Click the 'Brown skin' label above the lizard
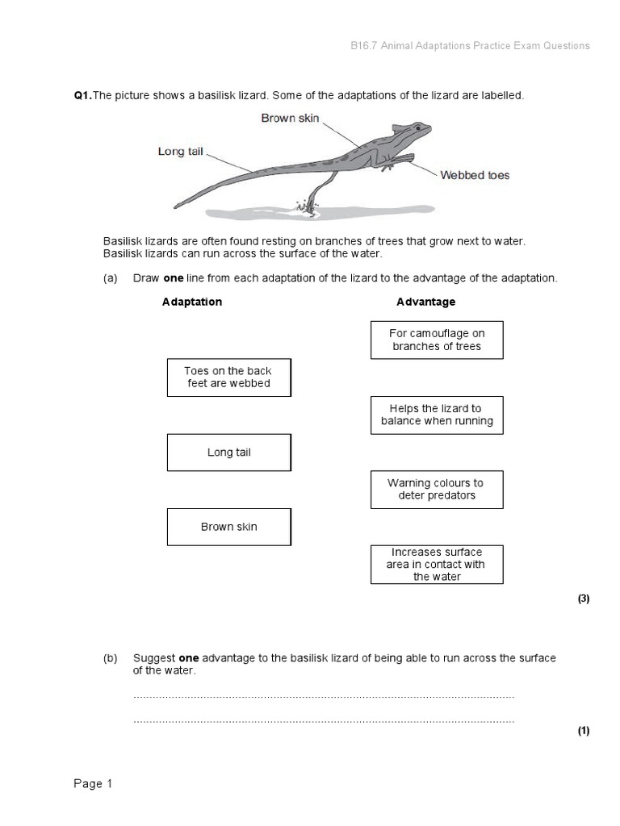pos(290,119)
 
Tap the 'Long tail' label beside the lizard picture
pos(180,152)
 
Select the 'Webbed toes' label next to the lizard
pos(475,175)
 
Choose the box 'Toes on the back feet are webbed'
pos(228,378)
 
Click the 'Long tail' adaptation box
pos(228,453)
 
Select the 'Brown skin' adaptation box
pos(228,527)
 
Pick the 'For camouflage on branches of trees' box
pos(437,340)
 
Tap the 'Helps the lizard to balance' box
pos(437,415)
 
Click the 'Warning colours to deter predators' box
pos(437,490)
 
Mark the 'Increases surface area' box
pos(437,565)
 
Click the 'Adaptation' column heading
pos(192,302)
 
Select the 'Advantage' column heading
pos(425,302)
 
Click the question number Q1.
pos(82,96)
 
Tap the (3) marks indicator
pos(584,599)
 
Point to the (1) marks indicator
pos(584,731)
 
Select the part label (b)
pos(111,658)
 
